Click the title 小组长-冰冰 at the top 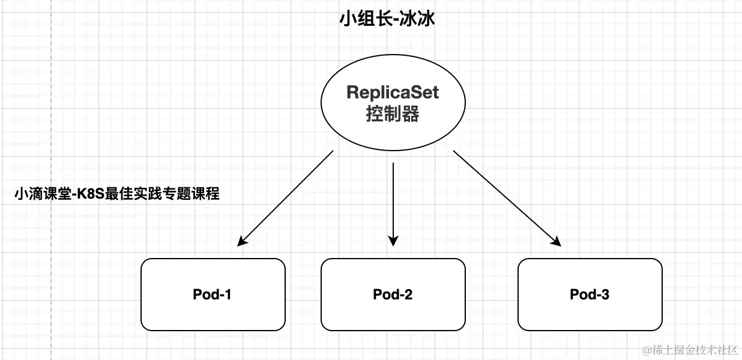(x=387, y=19)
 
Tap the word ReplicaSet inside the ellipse (x=393, y=92)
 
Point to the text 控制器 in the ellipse (x=393, y=114)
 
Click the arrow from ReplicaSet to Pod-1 (x=286, y=198)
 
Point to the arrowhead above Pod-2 (x=393, y=241)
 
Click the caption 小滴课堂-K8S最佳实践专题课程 (x=116, y=194)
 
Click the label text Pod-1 (x=213, y=295)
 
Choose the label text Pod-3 (x=590, y=295)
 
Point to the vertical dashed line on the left (x=52, y=180)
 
